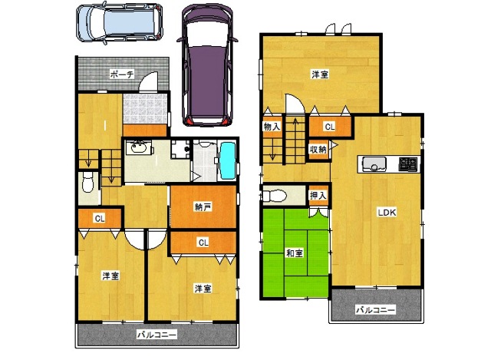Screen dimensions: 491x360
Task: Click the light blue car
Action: tap(120, 22)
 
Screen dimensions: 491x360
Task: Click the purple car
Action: tap(208, 65)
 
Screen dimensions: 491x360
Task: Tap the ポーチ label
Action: tap(122, 74)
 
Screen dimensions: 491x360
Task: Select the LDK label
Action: tap(387, 213)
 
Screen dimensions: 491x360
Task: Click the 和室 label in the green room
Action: tap(295, 253)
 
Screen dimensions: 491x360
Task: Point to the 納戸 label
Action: tap(203, 206)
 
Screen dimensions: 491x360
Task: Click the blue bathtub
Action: tap(228, 160)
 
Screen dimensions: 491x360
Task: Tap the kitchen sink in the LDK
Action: tap(374, 163)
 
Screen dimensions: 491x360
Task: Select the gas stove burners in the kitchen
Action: tap(408, 164)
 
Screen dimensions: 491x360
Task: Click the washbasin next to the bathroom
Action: tap(139, 147)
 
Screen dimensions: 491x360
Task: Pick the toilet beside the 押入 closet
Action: tap(275, 197)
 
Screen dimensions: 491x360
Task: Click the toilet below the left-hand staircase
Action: tap(88, 183)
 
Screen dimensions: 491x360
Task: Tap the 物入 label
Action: tap(271, 127)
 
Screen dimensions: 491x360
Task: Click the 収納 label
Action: tap(318, 150)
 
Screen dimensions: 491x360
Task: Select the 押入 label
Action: tap(318, 196)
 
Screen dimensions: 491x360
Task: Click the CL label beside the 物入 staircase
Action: tap(330, 127)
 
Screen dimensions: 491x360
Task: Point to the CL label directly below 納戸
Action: tap(203, 243)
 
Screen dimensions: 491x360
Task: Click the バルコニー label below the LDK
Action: tap(375, 310)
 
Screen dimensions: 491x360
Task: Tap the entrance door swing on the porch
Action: tap(148, 81)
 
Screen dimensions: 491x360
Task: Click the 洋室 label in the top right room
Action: tap(320, 74)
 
